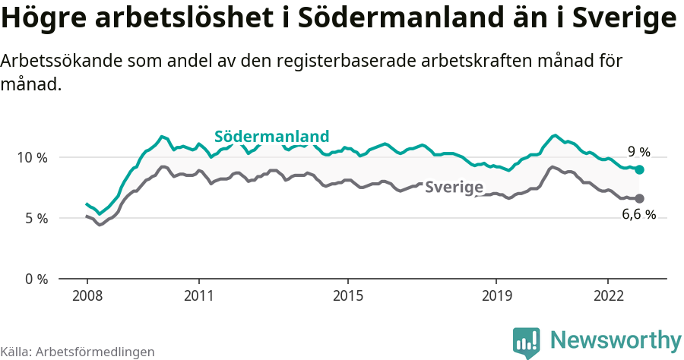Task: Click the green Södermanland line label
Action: (x=271, y=137)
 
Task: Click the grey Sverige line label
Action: (x=454, y=187)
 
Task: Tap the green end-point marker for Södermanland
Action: (x=639, y=169)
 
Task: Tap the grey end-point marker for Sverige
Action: (x=639, y=198)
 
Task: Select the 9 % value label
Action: (x=638, y=151)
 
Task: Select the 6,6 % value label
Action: (x=638, y=214)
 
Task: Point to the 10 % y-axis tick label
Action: (x=32, y=157)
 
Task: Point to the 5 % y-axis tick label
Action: (x=35, y=218)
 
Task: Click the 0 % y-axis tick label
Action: (x=35, y=279)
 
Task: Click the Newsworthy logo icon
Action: (x=527, y=343)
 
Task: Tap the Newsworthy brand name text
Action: (x=616, y=339)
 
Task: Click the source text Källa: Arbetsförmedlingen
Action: (x=78, y=352)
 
